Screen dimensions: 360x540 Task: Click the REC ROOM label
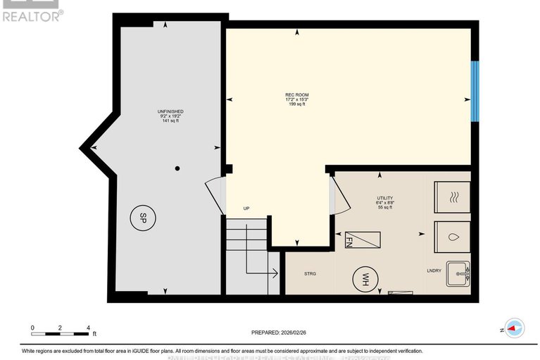pyautogui.click(x=296, y=95)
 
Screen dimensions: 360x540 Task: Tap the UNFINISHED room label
pyautogui.click(x=171, y=111)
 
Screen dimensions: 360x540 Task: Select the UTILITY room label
pyautogui.click(x=385, y=199)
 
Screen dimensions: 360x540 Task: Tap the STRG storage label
pyautogui.click(x=310, y=273)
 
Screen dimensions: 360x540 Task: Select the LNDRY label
pyautogui.click(x=434, y=270)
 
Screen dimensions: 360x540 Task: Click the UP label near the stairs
pyautogui.click(x=246, y=209)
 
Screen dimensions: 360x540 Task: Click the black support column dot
pyautogui.click(x=177, y=168)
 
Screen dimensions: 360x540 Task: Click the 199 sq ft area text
pyautogui.click(x=296, y=105)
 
